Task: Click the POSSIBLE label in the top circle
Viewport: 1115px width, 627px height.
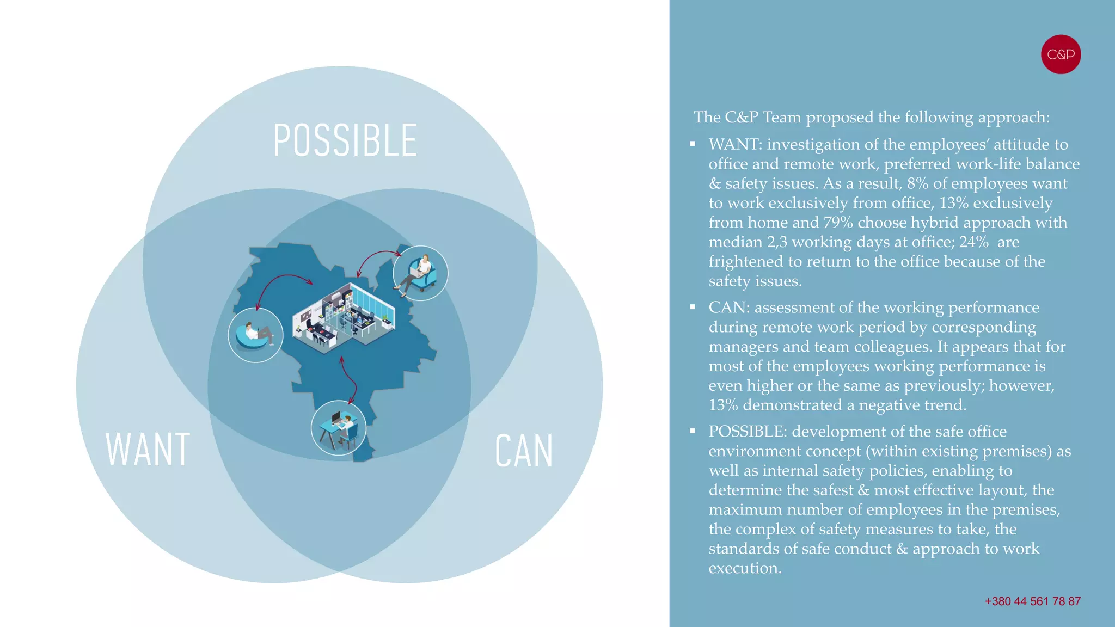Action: [x=345, y=140]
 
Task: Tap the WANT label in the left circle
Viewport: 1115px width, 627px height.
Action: [x=148, y=450]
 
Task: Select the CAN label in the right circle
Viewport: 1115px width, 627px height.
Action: [x=524, y=451]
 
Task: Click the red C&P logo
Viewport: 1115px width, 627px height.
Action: [x=1061, y=54]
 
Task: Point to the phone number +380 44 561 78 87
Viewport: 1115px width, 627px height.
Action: [x=1032, y=601]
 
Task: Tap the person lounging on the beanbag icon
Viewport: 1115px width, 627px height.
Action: [x=255, y=335]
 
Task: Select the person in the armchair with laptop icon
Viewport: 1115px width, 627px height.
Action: [x=420, y=273]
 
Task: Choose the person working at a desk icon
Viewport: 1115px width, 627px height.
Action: [x=338, y=428]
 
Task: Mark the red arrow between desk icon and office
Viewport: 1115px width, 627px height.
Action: [x=349, y=378]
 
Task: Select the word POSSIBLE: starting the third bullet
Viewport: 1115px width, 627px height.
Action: [x=748, y=432]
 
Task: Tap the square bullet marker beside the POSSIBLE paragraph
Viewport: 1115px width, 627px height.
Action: [x=693, y=431]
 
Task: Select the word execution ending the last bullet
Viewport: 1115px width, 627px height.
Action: [x=744, y=569]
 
